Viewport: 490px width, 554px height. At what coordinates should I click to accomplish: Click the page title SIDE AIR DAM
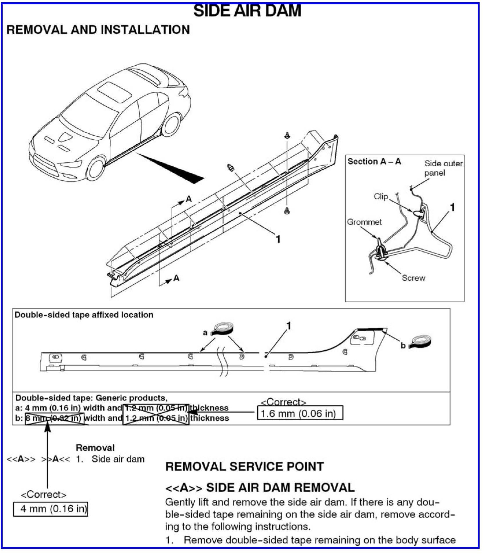click(x=247, y=11)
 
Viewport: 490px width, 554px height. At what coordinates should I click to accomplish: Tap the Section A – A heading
click(x=374, y=161)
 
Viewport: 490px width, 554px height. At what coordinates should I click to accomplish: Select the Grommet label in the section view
click(x=364, y=222)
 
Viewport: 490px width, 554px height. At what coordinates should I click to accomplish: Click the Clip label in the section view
click(x=381, y=196)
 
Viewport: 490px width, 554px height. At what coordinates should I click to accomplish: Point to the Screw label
click(x=413, y=278)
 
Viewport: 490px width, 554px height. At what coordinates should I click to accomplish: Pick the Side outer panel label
click(x=443, y=168)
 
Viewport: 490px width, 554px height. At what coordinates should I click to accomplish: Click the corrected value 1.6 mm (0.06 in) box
click(x=300, y=413)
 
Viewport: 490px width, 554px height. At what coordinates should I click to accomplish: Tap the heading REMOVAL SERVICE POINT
click(x=244, y=467)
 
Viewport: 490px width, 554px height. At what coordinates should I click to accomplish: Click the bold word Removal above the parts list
click(x=95, y=448)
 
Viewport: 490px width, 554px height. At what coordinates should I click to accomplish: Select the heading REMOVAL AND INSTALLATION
click(x=98, y=30)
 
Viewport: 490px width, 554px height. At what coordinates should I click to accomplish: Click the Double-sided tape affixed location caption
click(x=84, y=315)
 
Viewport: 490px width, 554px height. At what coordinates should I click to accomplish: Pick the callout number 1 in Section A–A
click(x=452, y=207)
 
